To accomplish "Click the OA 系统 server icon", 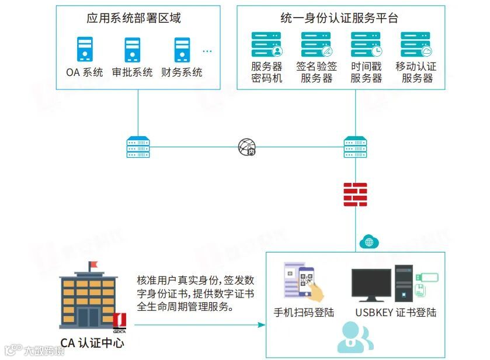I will (x=85, y=50).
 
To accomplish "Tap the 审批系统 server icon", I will (x=133, y=50).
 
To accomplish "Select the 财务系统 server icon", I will (x=182, y=50).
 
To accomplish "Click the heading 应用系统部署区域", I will (x=134, y=19).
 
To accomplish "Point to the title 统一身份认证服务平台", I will (x=339, y=19).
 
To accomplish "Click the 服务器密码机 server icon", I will (x=267, y=44).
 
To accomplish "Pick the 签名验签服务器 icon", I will (x=316, y=44).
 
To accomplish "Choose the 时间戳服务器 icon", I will (x=366, y=44).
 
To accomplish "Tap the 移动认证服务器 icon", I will (x=416, y=44).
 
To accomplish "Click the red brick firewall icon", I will (x=355, y=195).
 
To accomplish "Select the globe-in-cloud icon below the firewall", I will (x=369, y=240).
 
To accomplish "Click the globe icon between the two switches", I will (x=246, y=147).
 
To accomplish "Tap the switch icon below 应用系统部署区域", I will (x=138, y=147).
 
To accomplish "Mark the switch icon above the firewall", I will (x=355, y=147).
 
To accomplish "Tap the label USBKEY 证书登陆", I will (x=395, y=312).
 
